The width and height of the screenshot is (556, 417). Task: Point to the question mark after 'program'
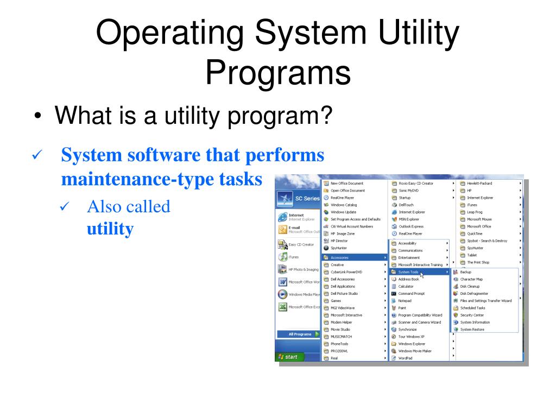(x=324, y=115)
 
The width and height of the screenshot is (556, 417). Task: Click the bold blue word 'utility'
(x=110, y=229)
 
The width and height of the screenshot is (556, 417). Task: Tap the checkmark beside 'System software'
(x=36, y=157)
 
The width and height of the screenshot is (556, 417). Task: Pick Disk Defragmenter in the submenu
(x=473, y=293)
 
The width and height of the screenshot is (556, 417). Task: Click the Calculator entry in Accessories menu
(x=406, y=286)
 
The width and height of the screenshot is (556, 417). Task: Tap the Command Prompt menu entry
(x=411, y=293)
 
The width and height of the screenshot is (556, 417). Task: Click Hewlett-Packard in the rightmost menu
(x=479, y=184)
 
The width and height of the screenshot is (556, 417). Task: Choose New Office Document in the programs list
(x=347, y=184)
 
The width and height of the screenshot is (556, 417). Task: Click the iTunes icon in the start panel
(x=283, y=257)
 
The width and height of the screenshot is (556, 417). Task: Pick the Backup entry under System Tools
(x=465, y=271)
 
